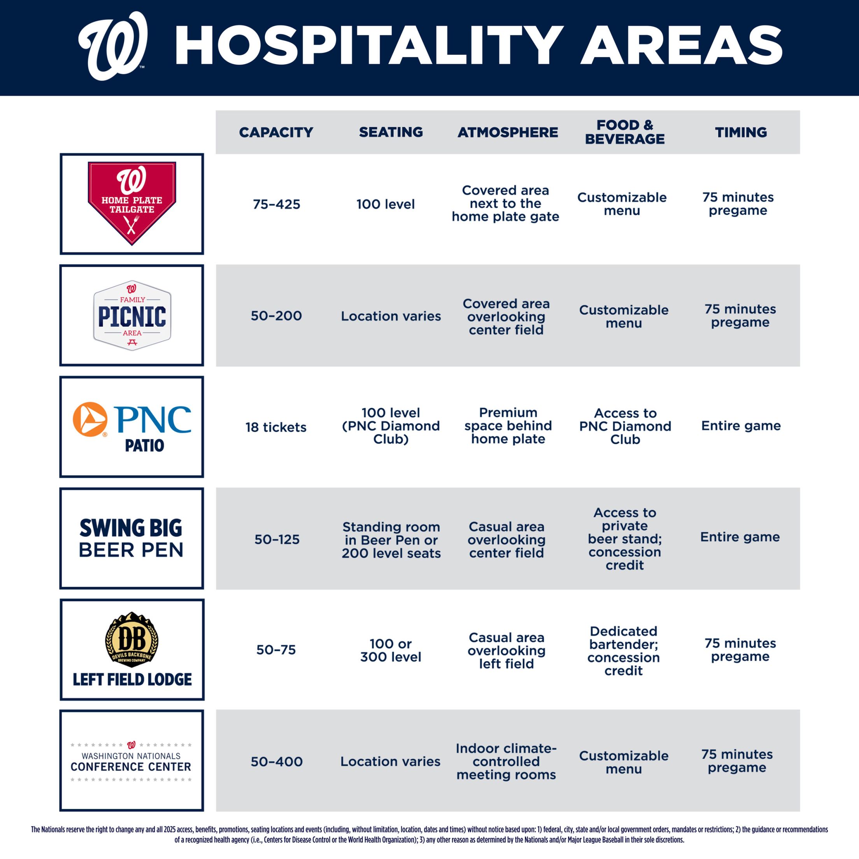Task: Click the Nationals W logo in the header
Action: pos(113,46)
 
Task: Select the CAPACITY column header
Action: pos(276,132)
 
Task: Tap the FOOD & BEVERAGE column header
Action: pos(624,132)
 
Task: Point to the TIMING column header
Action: pos(741,132)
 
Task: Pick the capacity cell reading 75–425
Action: pos(276,204)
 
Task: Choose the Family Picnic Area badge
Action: pos(131,315)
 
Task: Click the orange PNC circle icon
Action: pos(90,419)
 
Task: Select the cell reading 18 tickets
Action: pos(276,427)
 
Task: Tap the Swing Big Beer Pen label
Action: pos(131,538)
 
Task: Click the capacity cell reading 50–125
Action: pos(277,539)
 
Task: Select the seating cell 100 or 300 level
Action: pos(390,650)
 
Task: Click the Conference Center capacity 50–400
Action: pos(277,762)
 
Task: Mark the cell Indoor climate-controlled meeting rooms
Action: pos(506,762)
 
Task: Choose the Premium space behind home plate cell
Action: pos(508,426)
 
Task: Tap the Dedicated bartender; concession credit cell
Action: pos(623,650)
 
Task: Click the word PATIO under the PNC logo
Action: pos(144,445)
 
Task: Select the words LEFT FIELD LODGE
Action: pos(132,679)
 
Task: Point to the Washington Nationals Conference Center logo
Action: pos(131,762)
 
